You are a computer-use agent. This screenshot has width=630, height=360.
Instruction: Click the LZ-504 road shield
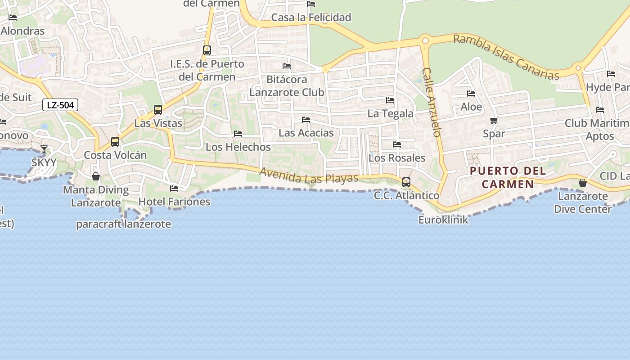coord(60,105)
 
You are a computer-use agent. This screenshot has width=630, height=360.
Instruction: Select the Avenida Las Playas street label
coord(309,176)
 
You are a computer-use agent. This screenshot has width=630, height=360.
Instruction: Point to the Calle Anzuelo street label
coord(431,102)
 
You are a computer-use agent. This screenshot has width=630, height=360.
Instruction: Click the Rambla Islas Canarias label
coord(506,57)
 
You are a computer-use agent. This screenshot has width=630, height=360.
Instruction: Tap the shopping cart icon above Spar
coord(494,120)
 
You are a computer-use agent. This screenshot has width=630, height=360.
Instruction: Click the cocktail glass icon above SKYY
coord(44,149)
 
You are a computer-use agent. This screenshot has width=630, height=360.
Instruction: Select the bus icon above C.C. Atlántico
coord(406,182)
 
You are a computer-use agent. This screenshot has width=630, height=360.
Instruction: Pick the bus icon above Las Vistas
coord(158,110)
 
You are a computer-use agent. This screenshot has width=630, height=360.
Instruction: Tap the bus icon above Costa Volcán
coord(115,142)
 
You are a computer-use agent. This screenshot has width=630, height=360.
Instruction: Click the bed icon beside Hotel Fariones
coord(174,189)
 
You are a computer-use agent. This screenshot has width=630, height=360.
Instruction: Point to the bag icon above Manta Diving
coord(95,176)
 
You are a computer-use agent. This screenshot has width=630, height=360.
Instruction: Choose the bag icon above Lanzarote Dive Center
coord(583,183)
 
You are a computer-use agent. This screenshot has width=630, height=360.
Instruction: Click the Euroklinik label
coord(443,220)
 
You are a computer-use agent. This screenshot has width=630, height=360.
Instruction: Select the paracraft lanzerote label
coord(123,224)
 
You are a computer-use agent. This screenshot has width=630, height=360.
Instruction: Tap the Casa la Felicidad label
coord(311,18)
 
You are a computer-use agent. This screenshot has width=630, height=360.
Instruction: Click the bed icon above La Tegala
coord(390,100)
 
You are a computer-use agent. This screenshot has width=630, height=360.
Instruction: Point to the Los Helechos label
coord(238,147)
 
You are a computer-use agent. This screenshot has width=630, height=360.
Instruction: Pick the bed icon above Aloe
coord(471,94)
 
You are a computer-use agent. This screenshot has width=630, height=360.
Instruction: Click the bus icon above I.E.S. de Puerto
coord(207,50)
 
